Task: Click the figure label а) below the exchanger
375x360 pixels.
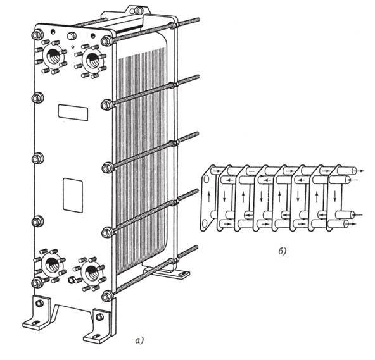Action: pyautogui.click(x=139, y=340)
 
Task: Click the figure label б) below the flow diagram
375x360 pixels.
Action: pyautogui.click(x=283, y=251)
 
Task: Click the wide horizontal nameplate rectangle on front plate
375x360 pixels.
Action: pyautogui.click(x=73, y=113)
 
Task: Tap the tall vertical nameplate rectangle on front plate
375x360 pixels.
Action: pyautogui.click(x=73, y=195)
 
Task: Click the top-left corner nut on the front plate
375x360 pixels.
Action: pyautogui.click(x=37, y=35)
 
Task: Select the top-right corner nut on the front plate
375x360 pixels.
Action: pyautogui.click(x=106, y=41)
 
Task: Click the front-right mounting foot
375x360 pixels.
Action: pyautogui.click(x=98, y=326)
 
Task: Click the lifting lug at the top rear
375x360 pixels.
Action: pyautogui.click(x=136, y=11)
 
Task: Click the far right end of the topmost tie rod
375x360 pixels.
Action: pyautogui.click(x=199, y=20)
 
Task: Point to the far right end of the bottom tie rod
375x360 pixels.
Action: pyautogui.click(x=196, y=247)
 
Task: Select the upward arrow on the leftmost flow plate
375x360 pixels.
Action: pyautogui.click(x=209, y=197)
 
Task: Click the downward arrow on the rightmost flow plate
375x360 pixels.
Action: pyautogui.click(x=335, y=196)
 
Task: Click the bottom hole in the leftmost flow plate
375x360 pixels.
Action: pyautogui.click(x=205, y=223)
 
